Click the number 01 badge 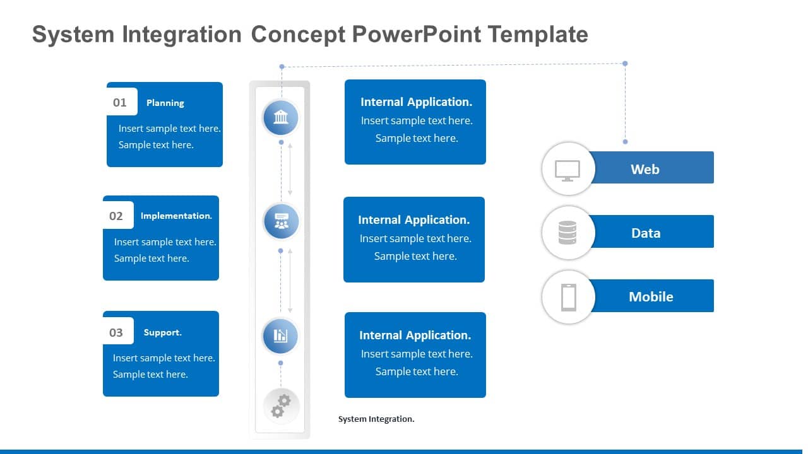pyautogui.click(x=121, y=102)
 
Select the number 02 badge pyautogui.click(x=117, y=216)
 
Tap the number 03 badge pyautogui.click(x=117, y=332)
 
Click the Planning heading pyautogui.click(x=165, y=103)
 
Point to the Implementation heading pyautogui.click(x=176, y=216)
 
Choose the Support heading pyautogui.click(x=162, y=332)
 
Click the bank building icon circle pyautogui.click(x=280, y=117)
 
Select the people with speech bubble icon pyautogui.click(x=281, y=221)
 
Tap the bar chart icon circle pyautogui.click(x=280, y=335)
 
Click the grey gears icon pyautogui.click(x=281, y=405)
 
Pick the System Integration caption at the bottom pyautogui.click(x=376, y=419)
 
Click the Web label pyautogui.click(x=645, y=169)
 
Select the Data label pyautogui.click(x=645, y=233)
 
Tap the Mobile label pyautogui.click(x=651, y=296)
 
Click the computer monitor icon pyautogui.click(x=567, y=170)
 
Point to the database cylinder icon pyautogui.click(x=567, y=233)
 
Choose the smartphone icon pyautogui.click(x=568, y=297)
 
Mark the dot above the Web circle pyautogui.click(x=625, y=142)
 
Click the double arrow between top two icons pyautogui.click(x=290, y=169)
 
